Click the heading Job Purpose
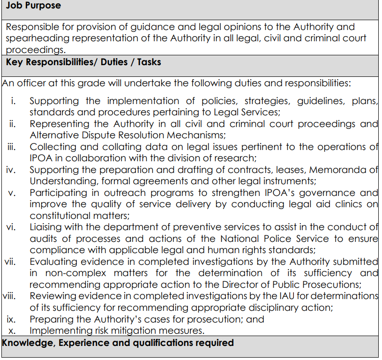(33, 6)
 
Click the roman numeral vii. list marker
(10, 262)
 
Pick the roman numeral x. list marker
(13, 330)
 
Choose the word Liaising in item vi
(47, 227)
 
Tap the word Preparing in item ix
(52, 319)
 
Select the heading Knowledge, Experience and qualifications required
(118, 343)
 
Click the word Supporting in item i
(54, 101)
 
